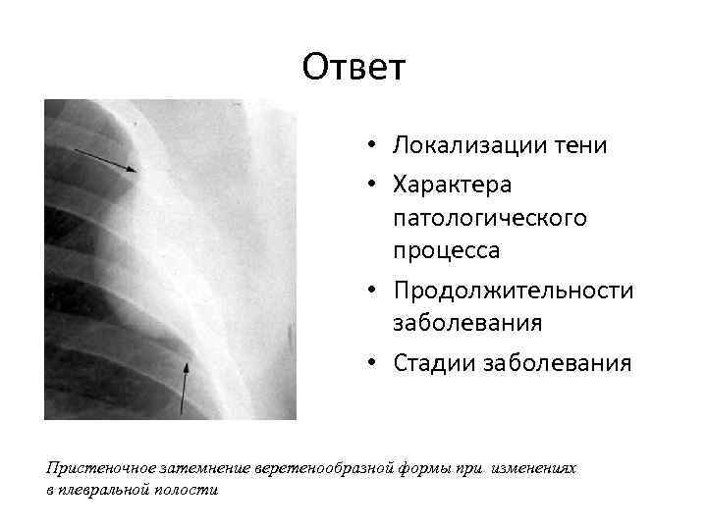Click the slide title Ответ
coord(353,68)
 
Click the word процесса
coord(446,249)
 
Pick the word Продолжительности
coord(513,291)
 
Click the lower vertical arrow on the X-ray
coord(184,388)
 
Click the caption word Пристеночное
coord(94,469)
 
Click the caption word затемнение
coord(196,469)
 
